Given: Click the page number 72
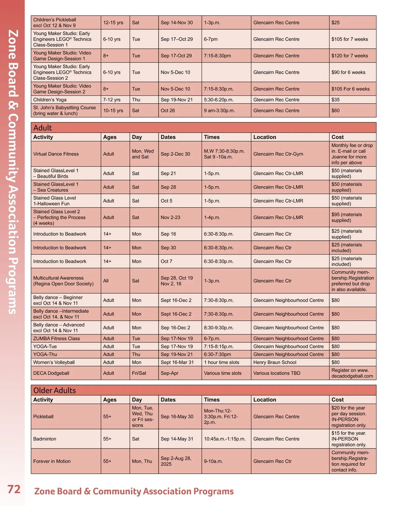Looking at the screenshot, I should pos(14,489).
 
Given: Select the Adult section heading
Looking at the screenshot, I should pos(43,128).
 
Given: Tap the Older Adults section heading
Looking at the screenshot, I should pos(55,390).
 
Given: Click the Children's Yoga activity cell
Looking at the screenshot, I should pos(50,100).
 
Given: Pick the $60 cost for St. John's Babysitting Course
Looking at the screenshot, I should pos(335,111).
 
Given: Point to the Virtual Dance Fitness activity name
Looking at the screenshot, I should pos(56,154).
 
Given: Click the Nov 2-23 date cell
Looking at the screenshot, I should pos(171,217).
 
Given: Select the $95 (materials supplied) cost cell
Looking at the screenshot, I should pos(347,217).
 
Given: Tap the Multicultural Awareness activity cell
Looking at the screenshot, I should pos(63,281).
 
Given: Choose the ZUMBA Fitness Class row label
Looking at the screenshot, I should pos(56,339).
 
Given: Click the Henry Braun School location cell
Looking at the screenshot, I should pos(275,362).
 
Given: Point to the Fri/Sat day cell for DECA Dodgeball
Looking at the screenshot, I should pos(139,373).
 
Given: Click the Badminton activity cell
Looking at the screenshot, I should pos(45,439).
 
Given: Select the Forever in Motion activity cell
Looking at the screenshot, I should pos(52,461).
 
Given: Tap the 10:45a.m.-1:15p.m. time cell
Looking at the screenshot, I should pos(225,439).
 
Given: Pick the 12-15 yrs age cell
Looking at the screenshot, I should pos(113,23).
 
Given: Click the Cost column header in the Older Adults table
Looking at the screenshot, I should pos(337,400).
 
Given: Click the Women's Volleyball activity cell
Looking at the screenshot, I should pos(54,362).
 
